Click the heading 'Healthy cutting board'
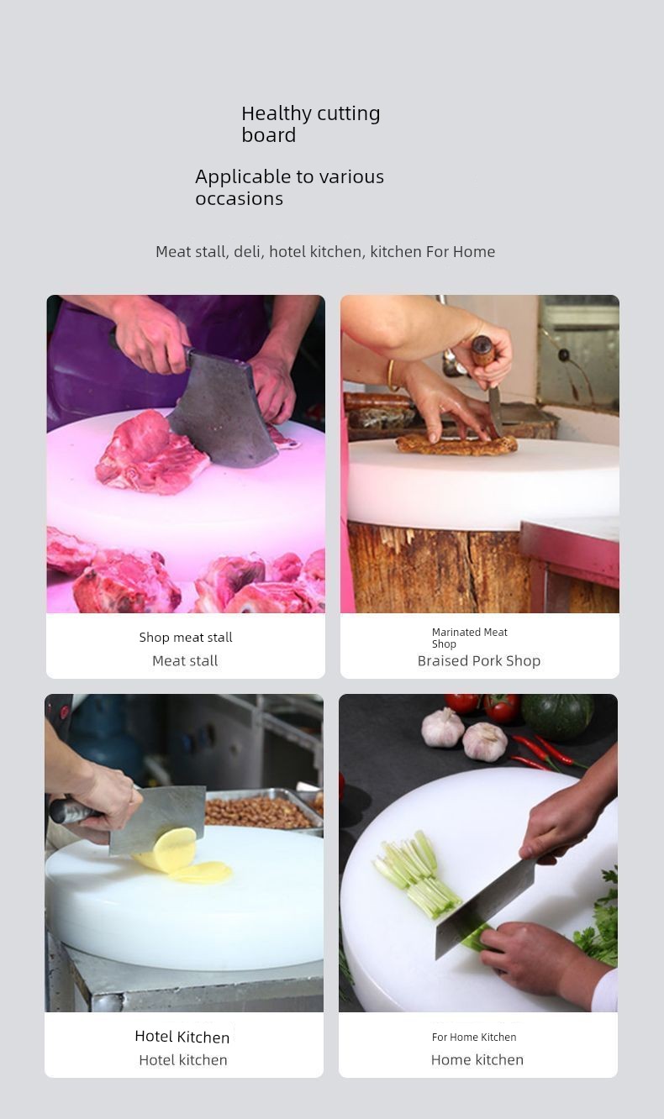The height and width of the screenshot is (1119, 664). tap(311, 123)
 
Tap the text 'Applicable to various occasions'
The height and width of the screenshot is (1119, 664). tap(290, 187)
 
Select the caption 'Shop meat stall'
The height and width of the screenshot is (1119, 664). tap(186, 638)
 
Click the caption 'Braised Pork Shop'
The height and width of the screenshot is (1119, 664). tap(479, 661)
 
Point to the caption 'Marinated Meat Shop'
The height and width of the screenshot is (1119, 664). tap(470, 638)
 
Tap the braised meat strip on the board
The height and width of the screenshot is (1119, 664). tap(456, 444)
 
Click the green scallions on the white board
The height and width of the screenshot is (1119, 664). tap(416, 875)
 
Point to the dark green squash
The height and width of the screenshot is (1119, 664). tap(557, 716)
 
